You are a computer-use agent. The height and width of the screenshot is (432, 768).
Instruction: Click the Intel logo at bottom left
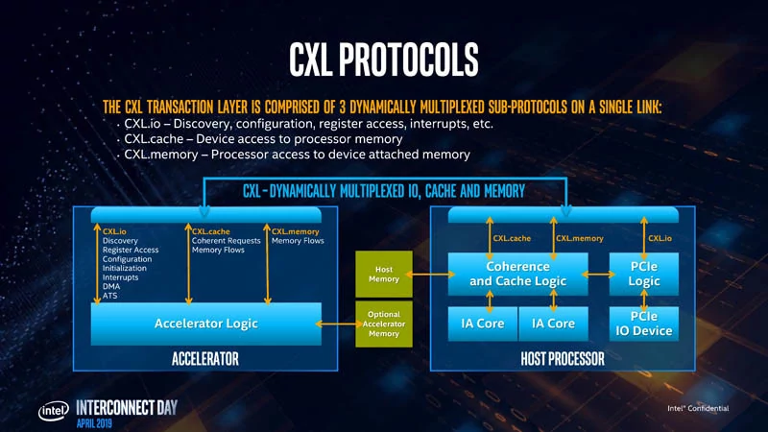(54, 412)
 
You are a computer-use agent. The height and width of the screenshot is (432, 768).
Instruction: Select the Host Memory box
(384, 275)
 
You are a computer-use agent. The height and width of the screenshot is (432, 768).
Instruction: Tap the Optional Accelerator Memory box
(384, 324)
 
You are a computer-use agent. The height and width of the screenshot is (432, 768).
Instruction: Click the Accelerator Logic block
(206, 324)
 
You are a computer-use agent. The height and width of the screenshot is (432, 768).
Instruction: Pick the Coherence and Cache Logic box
(517, 274)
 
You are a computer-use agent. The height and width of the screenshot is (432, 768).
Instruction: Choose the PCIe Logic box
(643, 274)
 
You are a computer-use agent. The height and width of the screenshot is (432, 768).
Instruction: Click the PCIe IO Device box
(643, 324)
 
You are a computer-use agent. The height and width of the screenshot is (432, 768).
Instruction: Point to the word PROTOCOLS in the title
(409, 60)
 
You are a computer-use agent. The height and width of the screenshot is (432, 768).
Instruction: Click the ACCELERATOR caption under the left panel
(205, 359)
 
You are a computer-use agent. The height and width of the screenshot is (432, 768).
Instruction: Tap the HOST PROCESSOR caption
(563, 359)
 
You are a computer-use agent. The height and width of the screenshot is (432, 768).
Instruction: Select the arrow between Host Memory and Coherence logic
(430, 275)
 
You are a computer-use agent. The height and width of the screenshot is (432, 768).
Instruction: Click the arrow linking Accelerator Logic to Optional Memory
(339, 324)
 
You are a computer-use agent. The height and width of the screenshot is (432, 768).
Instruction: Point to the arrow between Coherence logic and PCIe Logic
(598, 275)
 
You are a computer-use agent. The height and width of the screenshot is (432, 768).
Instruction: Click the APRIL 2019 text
(94, 423)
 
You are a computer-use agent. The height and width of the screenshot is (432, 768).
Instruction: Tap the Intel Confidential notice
(698, 408)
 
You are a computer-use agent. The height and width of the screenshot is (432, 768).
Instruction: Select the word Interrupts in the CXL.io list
(121, 277)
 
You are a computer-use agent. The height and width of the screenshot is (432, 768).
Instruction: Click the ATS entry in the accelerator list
(109, 296)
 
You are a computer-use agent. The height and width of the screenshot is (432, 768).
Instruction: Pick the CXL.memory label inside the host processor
(580, 238)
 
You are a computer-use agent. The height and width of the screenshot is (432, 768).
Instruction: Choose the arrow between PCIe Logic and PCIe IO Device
(643, 301)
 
